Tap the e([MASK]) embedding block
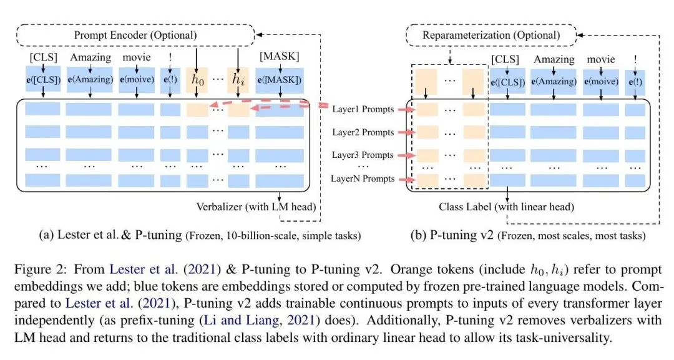coord(280,80)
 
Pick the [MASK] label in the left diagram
coord(280,58)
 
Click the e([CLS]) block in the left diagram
coord(43,80)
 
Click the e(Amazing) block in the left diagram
coord(89,80)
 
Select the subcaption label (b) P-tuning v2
coord(442,236)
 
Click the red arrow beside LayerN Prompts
coord(405,179)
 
